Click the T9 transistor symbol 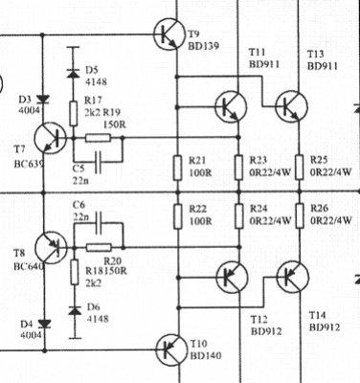coord(169,34)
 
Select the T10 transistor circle coord(172,349)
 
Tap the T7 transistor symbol coord(50,138)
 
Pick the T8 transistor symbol coord(51,248)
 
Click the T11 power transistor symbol coord(231,106)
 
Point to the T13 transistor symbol coord(291,106)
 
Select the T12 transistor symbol coord(232,277)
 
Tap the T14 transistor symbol coord(293,277)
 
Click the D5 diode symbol coord(74,74)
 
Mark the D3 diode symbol coord(44,100)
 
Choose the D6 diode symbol coord(75,310)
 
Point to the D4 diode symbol coord(44,325)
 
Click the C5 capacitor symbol coord(99,162)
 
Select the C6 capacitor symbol coord(100,222)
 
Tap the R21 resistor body coord(178,168)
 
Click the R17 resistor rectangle coord(74,113)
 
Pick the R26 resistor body coord(300,215)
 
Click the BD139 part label coord(203,46)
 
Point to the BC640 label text coord(29,266)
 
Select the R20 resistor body coord(99,247)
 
